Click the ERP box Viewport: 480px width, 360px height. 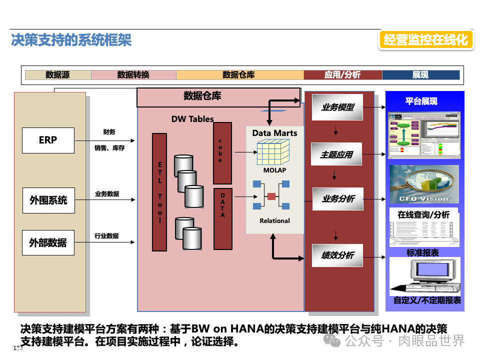pyautogui.click(x=48, y=140)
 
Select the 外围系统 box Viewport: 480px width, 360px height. pyautogui.click(x=48, y=200)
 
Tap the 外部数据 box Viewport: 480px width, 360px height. pyautogui.click(x=48, y=242)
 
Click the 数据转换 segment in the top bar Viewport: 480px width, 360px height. pyautogui.click(x=133, y=75)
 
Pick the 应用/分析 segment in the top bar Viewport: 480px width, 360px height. pyautogui.click(x=342, y=75)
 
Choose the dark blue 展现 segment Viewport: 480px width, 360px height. pyautogui.click(x=420, y=75)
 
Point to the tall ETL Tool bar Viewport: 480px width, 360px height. pyautogui.click(x=159, y=192)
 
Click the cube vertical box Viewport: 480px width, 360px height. pyautogui.click(x=222, y=153)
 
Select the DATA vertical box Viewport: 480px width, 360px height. pyautogui.click(x=222, y=218)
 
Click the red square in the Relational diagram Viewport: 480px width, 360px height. pyautogui.click(x=271, y=196)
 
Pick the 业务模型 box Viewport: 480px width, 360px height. pyautogui.click(x=337, y=107)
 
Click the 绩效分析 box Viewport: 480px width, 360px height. pyautogui.click(x=337, y=255)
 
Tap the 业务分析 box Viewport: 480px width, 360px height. pyautogui.click(x=337, y=199)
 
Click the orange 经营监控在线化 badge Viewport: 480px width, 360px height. pyautogui.click(x=426, y=40)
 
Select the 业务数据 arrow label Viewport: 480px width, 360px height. pyautogui.click(x=107, y=194)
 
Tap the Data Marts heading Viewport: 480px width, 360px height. pyautogui.click(x=274, y=133)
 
